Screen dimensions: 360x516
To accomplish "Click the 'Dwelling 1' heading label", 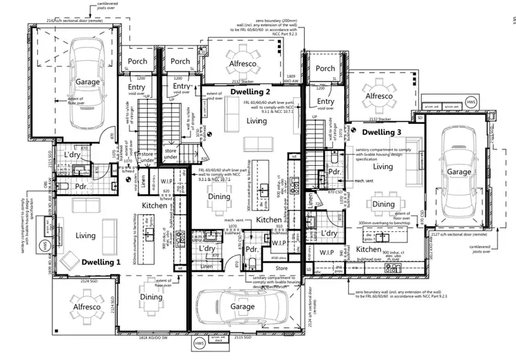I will coord(100,262).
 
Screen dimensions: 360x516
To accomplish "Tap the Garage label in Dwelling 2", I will coord(242,306).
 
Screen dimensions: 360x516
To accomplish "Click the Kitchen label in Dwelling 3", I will coord(369,249).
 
